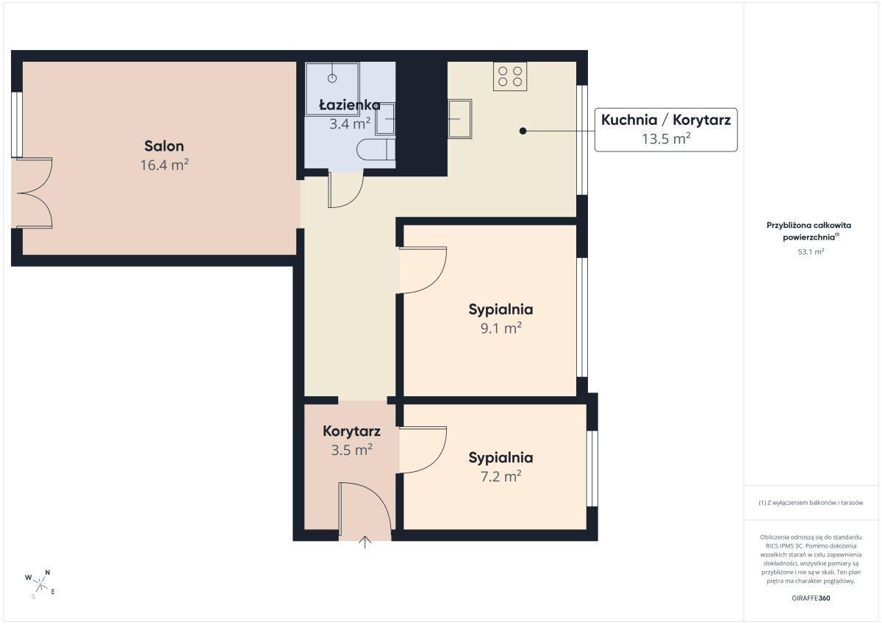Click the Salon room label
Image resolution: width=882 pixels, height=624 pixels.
(164, 146)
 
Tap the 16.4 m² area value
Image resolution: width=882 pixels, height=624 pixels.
(164, 165)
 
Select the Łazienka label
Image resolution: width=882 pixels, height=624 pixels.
(350, 104)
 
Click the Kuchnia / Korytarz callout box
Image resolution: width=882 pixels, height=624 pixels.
(666, 129)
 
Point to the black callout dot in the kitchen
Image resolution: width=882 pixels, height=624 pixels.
(523, 131)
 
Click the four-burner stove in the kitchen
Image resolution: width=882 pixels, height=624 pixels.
(510, 76)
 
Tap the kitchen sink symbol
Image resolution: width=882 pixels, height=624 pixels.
(460, 118)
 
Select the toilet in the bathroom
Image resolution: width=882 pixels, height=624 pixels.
(376, 150)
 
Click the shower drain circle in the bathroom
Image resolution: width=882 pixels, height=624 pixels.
(332, 78)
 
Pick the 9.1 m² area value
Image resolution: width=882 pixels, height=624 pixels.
(501, 328)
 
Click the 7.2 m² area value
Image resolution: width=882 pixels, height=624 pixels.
(501, 476)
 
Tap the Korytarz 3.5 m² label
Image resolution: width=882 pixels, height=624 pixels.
(351, 440)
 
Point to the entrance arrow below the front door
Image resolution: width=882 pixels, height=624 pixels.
(365, 542)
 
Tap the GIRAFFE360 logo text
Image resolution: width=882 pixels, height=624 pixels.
(811, 598)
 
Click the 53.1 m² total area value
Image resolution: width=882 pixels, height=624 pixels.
(811, 251)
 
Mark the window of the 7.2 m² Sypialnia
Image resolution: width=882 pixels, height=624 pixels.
(592, 468)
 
